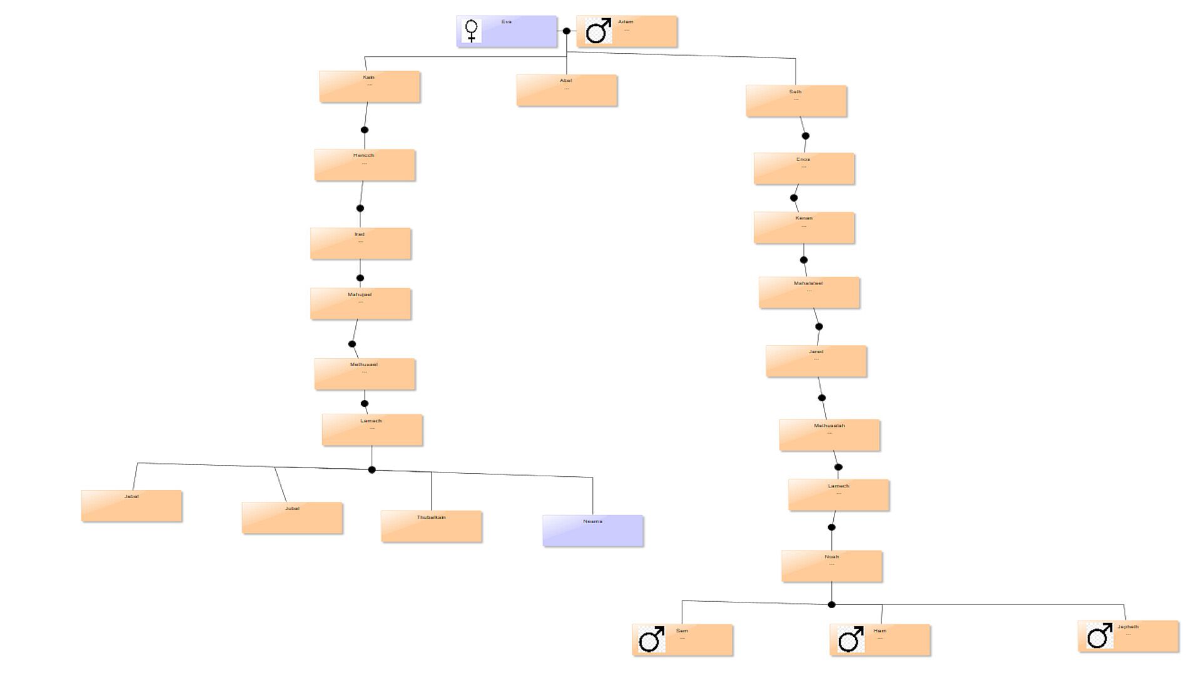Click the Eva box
507,31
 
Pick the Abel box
567,91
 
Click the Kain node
370,87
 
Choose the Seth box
796,101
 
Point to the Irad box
361,244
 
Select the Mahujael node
361,304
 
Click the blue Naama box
593,531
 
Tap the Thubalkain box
432,526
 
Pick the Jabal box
132,506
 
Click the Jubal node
292,518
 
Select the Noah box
832,566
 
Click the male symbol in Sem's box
651,639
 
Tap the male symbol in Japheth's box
1099,636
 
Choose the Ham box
880,640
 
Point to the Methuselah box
829,435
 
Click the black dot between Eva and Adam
567,31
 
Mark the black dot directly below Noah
831,604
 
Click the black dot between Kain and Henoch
365,130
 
